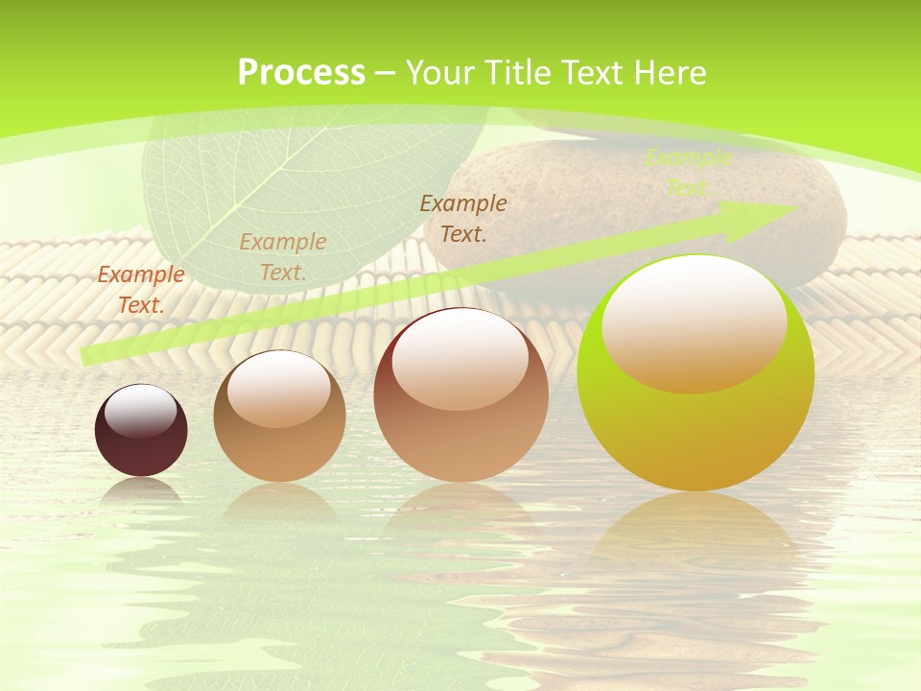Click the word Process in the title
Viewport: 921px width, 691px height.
(x=301, y=72)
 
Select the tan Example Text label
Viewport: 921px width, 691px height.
(x=282, y=256)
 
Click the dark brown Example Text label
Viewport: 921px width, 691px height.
(x=462, y=218)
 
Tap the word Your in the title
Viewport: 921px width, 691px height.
(x=437, y=72)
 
